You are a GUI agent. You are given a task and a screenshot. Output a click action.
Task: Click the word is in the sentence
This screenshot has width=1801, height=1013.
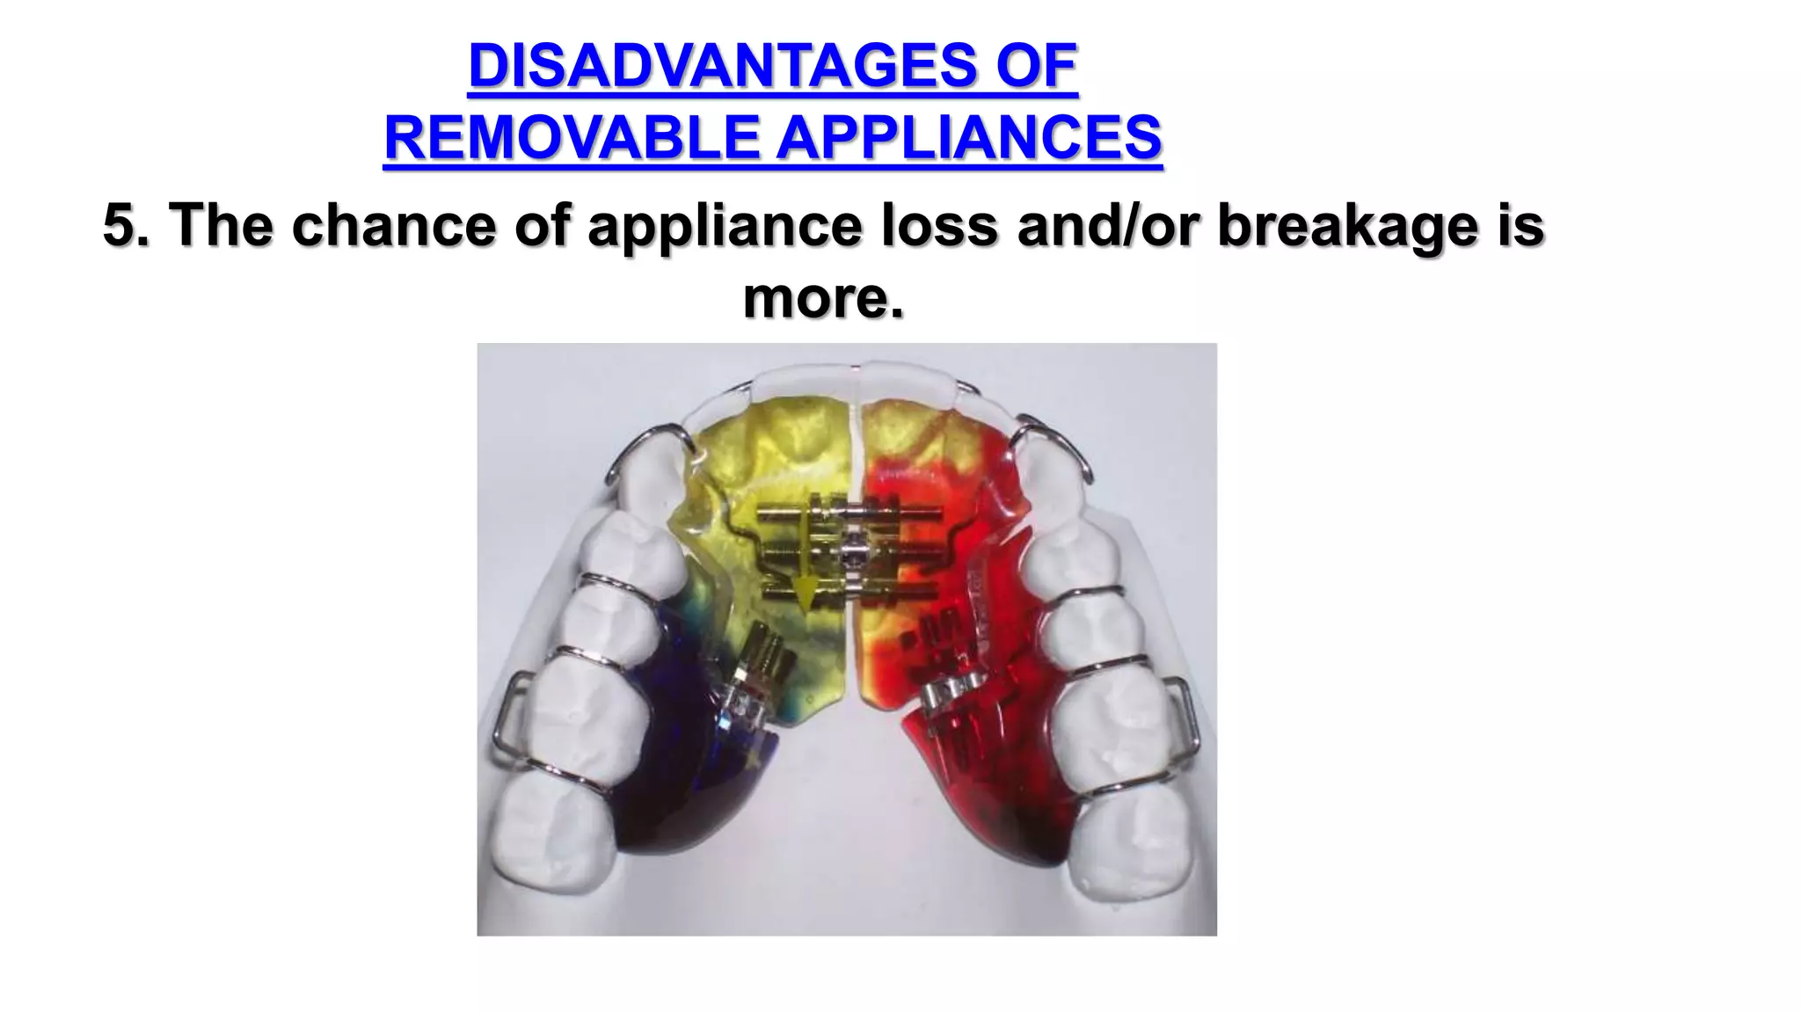click(x=1520, y=225)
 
